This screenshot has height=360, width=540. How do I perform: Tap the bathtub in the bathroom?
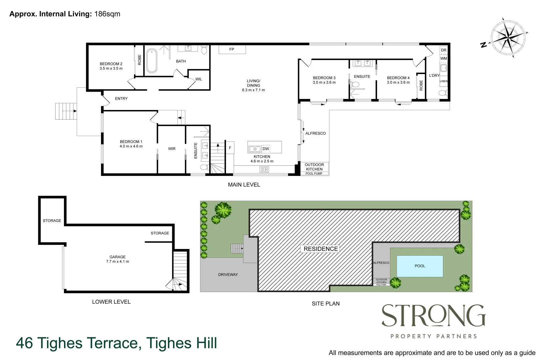pos(152,61)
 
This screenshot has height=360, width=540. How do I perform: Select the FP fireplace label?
pos(232,49)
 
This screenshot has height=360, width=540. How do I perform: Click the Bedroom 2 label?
pos(111,64)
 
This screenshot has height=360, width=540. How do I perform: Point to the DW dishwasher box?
pos(266,149)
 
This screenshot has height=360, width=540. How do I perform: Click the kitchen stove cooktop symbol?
pos(264,170)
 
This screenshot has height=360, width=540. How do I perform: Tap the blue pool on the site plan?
pos(420,266)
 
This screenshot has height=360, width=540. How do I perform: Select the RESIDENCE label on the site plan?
pos(321,249)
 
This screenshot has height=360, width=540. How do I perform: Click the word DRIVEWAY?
pos(228,275)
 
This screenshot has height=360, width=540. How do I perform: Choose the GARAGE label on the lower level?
pos(118,257)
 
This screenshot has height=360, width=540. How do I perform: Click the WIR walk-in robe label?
pos(172,149)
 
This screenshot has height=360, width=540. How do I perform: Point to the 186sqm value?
pos(107,14)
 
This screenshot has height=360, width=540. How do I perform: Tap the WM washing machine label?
pos(444,58)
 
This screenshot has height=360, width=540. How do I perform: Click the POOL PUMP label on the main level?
pos(314,174)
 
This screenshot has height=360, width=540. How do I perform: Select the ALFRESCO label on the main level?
pos(315,133)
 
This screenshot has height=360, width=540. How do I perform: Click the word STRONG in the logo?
pos(433,316)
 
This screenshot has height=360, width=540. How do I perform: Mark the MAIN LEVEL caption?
pos(244,185)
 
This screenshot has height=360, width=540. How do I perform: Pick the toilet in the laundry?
pos(443,93)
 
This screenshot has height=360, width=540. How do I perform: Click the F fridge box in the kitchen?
pos(230,148)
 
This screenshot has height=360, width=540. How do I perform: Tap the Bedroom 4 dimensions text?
pos(398,82)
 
